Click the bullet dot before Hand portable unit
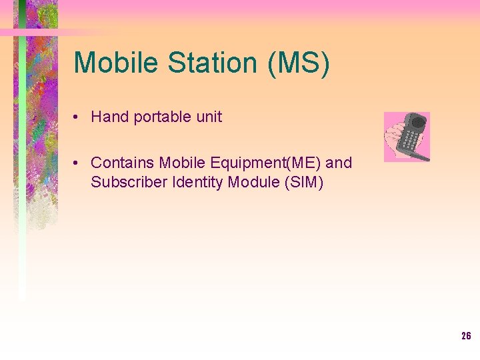(x=78, y=117)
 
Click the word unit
(x=209, y=117)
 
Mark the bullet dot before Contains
(x=78, y=163)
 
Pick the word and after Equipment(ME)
(x=339, y=163)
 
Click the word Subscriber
(x=129, y=182)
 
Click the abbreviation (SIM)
(x=304, y=182)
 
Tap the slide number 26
(x=466, y=336)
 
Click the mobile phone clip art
(x=407, y=137)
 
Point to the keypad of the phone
(x=411, y=141)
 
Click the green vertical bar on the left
(x=22, y=167)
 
